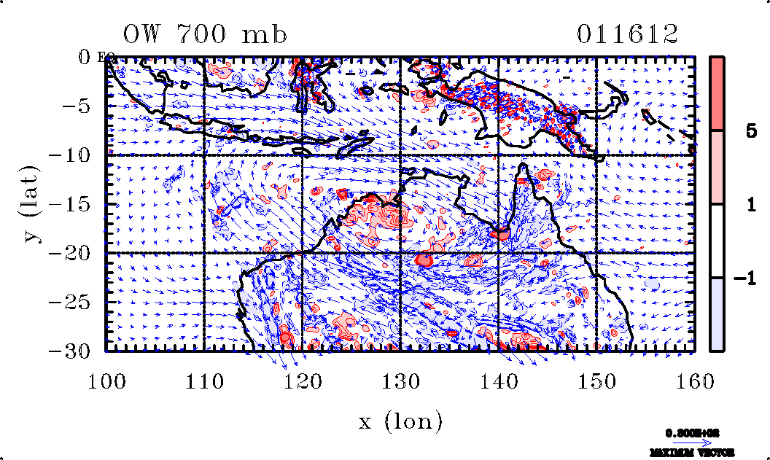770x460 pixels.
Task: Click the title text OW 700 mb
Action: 204,34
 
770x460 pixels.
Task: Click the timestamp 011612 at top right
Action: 627,34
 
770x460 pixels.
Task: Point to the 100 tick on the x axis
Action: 106,381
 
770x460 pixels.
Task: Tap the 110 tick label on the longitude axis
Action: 204,381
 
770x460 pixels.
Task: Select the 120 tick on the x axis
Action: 303,381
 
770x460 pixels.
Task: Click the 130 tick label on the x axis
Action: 400,381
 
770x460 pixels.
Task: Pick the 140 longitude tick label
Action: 499,381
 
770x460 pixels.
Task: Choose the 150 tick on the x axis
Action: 596,381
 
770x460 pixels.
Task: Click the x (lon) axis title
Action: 400,421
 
